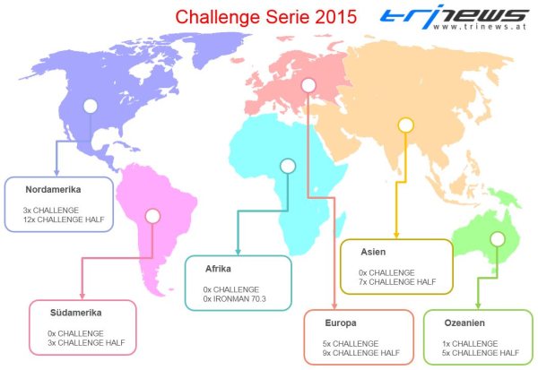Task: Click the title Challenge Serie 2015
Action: pyautogui.click(x=266, y=17)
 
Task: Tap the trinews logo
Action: pyautogui.click(x=454, y=16)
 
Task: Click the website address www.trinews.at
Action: pyautogui.click(x=480, y=27)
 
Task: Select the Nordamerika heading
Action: pyautogui.click(x=53, y=189)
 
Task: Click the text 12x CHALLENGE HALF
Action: pyautogui.click(x=64, y=219)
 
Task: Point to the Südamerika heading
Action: pyautogui.click(x=76, y=313)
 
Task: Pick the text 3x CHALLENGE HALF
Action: pyautogui.click(x=86, y=342)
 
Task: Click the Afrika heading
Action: pyautogui.click(x=218, y=269)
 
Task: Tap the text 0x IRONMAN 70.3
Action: pyautogui.click(x=234, y=298)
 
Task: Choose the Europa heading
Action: pyautogui.click(x=341, y=323)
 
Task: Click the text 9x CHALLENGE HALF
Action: pyautogui.click(x=361, y=353)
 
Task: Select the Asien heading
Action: pyautogui.click(x=373, y=252)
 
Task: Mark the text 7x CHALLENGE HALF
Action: pyautogui.click(x=397, y=282)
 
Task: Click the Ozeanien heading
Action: pyautogui.click(x=464, y=323)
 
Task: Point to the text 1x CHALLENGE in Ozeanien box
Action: pyautogui.click(x=470, y=344)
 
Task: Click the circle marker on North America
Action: pyautogui.click(x=91, y=107)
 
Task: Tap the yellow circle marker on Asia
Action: pyautogui.click(x=405, y=125)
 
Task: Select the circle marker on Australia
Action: pyautogui.click(x=497, y=239)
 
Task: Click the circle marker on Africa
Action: pyautogui.click(x=288, y=166)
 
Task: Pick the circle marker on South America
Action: pyautogui.click(x=152, y=216)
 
